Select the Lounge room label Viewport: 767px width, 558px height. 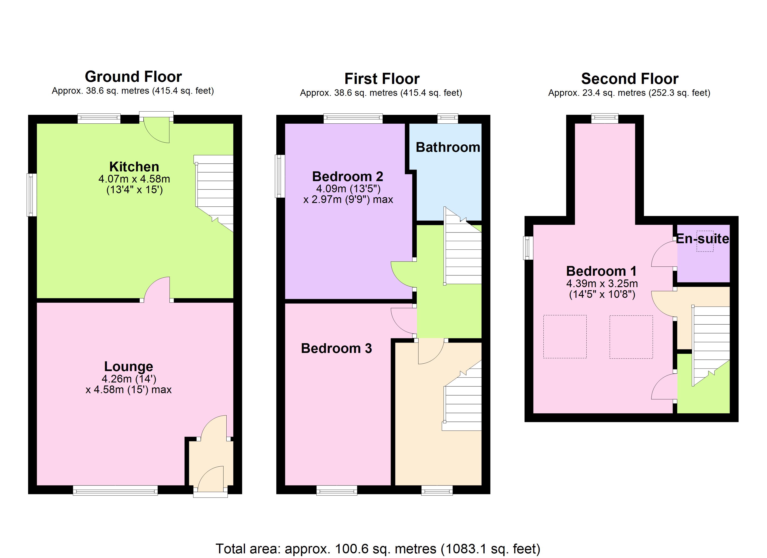pos(129,366)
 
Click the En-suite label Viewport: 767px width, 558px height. pos(702,239)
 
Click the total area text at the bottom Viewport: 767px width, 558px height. pos(378,548)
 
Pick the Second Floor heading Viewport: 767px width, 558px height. pos(630,79)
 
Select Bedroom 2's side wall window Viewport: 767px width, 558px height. pos(279,176)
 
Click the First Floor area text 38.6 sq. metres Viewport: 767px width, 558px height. pos(381,93)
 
